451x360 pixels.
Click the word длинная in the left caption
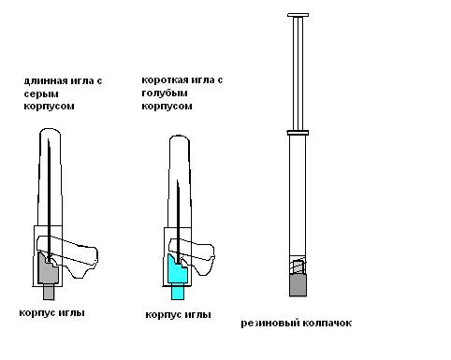tap(46, 81)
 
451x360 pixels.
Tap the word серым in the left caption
tap(41, 94)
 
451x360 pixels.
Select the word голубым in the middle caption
tap(165, 94)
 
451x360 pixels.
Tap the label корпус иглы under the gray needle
tap(51, 313)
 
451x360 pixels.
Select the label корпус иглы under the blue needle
tap(178, 315)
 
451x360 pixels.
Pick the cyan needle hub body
tap(177, 270)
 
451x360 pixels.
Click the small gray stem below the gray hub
tap(49, 292)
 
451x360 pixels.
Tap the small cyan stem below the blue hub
tap(178, 292)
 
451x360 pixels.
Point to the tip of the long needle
tap(48, 139)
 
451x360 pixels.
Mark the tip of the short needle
tap(178, 180)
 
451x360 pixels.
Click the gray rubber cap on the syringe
tap(298, 285)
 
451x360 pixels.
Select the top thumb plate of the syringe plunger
tap(298, 15)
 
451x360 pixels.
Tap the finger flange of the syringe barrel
tap(298, 133)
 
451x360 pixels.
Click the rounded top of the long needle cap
tap(50, 130)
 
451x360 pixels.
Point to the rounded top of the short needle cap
tap(180, 137)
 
